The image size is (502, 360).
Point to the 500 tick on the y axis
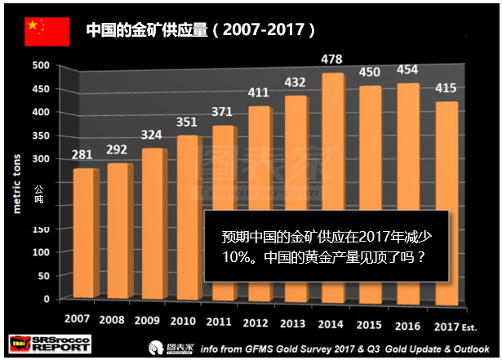pos(42,65)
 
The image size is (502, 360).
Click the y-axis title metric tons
pos(16,179)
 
